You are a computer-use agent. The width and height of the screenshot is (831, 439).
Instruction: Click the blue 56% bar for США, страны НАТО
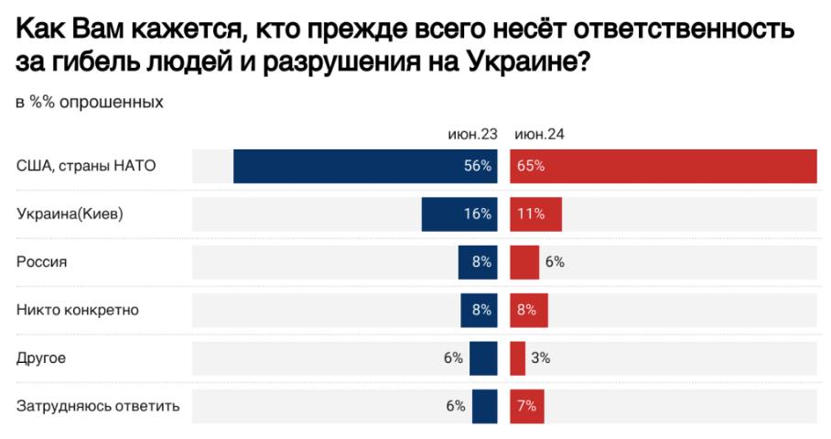(x=365, y=166)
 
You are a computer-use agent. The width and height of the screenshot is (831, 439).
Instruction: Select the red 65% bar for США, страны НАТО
(x=663, y=166)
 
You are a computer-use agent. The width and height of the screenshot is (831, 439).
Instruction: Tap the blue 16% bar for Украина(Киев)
(x=459, y=214)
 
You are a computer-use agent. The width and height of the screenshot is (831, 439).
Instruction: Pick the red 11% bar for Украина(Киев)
(x=535, y=214)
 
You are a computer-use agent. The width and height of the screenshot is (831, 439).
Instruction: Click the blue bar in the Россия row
(x=478, y=261)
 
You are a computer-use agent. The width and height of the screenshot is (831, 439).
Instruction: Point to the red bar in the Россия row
(x=524, y=261)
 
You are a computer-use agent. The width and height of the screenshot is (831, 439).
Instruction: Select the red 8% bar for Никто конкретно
(x=529, y=309)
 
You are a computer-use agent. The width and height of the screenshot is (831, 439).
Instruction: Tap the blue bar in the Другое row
(x=485, y=357)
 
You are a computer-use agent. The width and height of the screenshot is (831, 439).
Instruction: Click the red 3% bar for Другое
(x=517, y=357)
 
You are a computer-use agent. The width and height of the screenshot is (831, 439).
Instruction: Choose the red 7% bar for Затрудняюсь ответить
(x=527, y=405)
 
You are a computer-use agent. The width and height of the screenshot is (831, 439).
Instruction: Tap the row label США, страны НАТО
(x=87, y=166)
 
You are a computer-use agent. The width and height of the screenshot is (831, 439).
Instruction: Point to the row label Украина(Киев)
(x=70, y=214)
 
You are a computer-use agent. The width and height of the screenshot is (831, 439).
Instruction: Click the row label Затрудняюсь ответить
(x=98, y=405)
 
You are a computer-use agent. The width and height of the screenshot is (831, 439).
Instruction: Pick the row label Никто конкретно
(x=77, y=309)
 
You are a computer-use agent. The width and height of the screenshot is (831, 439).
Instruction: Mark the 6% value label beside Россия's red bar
(x=555, y=261)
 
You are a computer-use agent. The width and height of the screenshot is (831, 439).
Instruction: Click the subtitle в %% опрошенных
(x=90, y=102)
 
